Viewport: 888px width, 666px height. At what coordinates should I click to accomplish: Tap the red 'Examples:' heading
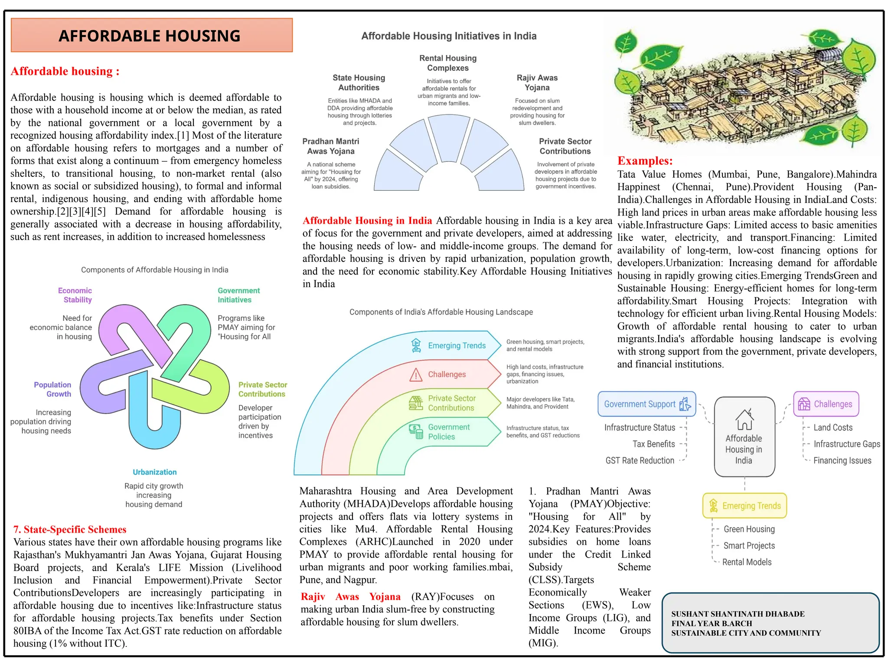click(645, 161)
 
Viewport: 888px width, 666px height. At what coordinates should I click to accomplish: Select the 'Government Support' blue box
click(646, 404)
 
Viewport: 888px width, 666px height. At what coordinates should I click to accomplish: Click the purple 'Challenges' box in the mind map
click(826, 404)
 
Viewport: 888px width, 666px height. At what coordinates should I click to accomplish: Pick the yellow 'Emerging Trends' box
click(744, 506)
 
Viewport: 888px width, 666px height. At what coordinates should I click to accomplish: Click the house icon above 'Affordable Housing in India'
click(744, 419)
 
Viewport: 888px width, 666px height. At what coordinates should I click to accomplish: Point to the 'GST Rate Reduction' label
click(640, 460)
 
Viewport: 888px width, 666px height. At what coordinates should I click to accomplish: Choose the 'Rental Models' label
click(747, 562)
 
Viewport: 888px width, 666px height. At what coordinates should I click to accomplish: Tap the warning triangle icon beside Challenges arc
click(416, 375)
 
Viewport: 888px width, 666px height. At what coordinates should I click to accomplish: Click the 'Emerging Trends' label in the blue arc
click(457, 346)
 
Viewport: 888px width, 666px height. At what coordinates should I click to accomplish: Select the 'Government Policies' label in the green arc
click(448, 432)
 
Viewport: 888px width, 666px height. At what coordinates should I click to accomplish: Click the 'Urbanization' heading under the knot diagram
click(155, 472)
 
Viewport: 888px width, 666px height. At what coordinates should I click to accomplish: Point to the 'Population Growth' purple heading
click(52, 389)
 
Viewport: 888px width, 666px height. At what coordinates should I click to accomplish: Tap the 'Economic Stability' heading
click(75, 295)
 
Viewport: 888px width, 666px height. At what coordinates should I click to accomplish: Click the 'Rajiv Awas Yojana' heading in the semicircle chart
click(537, 83)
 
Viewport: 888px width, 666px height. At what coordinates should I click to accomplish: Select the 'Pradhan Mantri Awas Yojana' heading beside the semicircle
click(331, 146)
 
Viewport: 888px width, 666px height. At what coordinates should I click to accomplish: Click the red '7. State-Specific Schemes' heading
click(70, 529)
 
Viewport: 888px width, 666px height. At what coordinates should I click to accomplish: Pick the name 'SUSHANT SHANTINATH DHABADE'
click(738, 614)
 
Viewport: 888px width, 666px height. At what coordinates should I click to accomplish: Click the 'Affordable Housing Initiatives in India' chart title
click(449, 36)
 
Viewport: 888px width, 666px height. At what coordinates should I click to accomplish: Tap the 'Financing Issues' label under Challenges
click(842, 460)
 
